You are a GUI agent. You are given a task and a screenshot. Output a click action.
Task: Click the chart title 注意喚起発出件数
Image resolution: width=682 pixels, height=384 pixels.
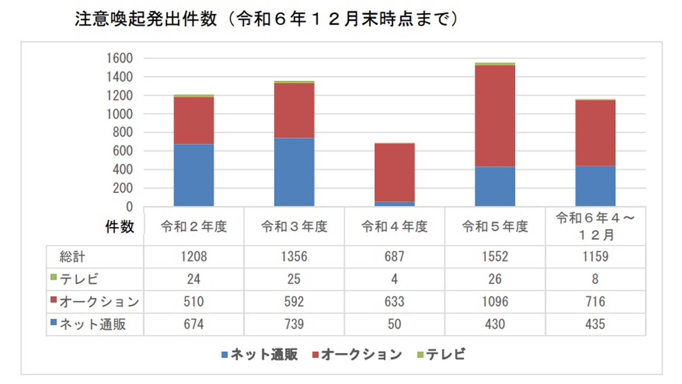(146, 19)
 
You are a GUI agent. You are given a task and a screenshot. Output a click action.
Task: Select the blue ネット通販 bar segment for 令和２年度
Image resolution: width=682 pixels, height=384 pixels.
(194, 175)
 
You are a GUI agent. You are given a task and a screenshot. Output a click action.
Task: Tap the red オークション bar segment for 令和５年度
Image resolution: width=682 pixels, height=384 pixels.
(495, 116)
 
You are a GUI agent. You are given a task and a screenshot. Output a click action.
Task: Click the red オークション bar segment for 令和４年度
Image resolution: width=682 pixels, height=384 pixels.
(394, 173)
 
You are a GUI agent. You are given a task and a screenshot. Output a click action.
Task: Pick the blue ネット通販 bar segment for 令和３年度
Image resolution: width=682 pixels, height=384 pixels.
(294, 172)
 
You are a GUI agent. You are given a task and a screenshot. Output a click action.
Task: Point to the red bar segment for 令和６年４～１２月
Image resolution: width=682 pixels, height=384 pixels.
(595, 133)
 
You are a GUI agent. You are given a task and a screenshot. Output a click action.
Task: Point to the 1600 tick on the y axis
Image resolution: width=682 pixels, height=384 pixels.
(120, 58)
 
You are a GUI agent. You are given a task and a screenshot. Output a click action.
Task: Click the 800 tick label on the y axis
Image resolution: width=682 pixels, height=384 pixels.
(123, 132)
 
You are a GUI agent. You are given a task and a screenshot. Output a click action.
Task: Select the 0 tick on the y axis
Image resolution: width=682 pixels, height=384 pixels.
(129, 207)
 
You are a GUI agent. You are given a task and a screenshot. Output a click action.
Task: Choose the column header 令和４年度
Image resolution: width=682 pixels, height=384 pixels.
(394, 226)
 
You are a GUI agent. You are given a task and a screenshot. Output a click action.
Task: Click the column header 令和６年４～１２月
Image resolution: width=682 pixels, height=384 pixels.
(595, 226)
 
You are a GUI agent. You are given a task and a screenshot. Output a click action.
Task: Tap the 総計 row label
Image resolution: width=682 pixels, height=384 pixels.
(72, 257)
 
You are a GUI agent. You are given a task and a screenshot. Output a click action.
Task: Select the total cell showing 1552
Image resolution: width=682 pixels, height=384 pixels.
(495, 257)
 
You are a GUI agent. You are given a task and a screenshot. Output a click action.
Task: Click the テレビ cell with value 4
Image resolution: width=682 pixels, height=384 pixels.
(394, 279)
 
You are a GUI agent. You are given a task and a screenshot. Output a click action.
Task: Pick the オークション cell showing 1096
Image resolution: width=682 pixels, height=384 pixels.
(495, 302)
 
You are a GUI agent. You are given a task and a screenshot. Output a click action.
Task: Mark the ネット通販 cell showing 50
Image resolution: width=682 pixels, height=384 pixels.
(394, 324)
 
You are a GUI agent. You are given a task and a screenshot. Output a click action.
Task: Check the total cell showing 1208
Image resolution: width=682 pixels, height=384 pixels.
(194, 257)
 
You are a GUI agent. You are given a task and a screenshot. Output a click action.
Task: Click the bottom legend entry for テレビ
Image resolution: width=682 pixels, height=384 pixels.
(441, 354)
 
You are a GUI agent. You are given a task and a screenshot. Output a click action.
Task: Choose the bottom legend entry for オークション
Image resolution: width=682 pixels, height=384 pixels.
(357, 354)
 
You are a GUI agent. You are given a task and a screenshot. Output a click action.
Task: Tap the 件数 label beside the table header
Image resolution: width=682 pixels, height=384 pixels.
(120, 226)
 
